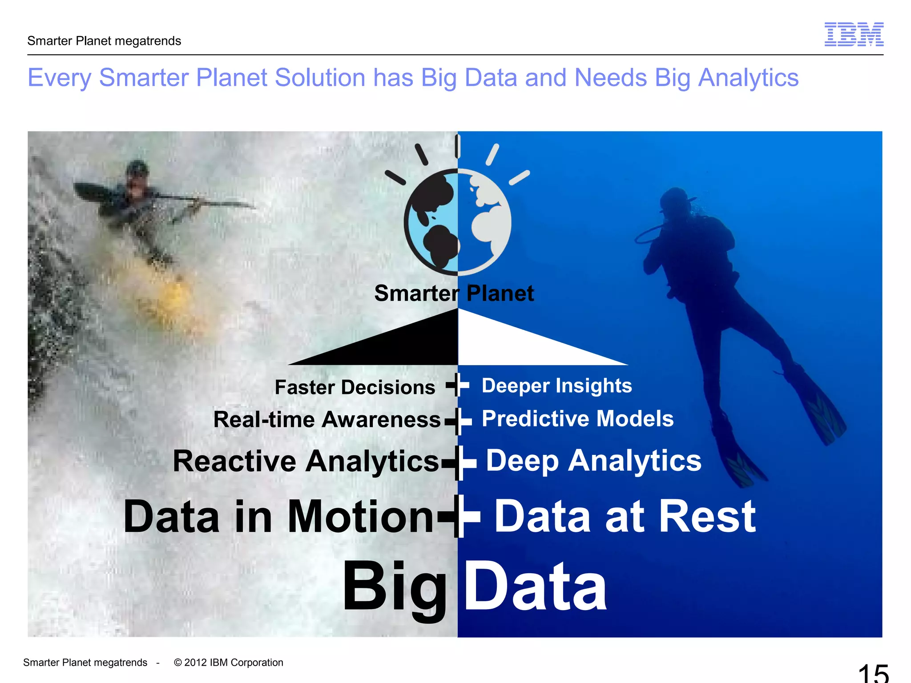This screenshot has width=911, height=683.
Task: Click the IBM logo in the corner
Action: (x=854, y=34)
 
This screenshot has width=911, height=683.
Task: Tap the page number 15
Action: (x=873, y=674)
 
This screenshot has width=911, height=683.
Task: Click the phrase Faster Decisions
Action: (x=355, y=387)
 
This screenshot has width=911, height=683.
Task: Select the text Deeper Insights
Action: (x=556, y=386)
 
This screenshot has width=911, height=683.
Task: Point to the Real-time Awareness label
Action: (x=327, y=420)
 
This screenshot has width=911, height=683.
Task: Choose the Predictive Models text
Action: (x=577, y=418)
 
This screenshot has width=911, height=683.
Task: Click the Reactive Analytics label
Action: (x=306, y=461)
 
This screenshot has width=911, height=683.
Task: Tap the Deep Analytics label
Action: (x=593, y=461)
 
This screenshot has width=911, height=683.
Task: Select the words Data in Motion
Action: (x=278, y=517)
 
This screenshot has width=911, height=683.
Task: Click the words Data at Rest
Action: (x=625, y=517)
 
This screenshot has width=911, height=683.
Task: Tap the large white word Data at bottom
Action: (x=535, y=587)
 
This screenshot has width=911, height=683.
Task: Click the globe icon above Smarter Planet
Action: (x=457, y=221)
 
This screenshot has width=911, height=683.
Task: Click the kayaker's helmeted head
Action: (x=137, y=171)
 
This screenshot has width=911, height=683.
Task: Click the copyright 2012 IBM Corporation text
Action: (x=229, y=663)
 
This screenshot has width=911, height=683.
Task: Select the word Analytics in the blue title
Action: (x=748, y=78)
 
